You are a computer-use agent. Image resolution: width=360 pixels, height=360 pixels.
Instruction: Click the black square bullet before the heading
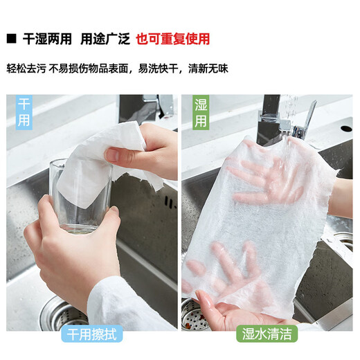tap(11, 39)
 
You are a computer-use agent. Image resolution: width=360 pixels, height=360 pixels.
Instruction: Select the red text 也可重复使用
tap(172, 39)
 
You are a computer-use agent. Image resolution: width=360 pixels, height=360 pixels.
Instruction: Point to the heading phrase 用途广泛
tap(105, 39)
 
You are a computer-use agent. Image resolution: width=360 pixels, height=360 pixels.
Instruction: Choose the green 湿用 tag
tap(200, 114)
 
